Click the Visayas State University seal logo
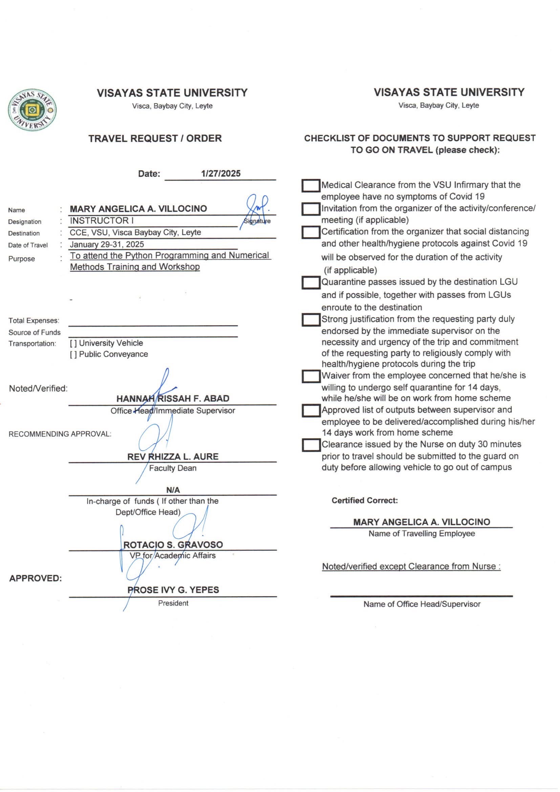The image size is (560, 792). (x=32, y=110)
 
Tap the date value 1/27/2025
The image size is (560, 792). (x=221, y=173)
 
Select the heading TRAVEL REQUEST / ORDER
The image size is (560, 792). (x=155, y=138)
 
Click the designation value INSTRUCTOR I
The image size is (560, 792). (x=102, y=221)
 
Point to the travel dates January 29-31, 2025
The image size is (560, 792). (x=107, y=244)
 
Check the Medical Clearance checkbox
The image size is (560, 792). (x=311, y=186)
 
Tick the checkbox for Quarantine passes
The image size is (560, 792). (x=311, y=283)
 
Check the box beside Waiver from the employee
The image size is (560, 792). (x=311, y=376)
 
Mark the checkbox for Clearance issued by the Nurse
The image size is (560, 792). (x=311, y=445)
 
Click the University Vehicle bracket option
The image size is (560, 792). (x=73, y=343)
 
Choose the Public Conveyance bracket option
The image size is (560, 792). (x=73, y=354)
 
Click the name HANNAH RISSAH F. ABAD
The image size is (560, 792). (x=173, y=398)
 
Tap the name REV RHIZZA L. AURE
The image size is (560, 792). (x=173, y=457)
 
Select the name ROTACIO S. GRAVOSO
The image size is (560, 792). (x=173, y=545)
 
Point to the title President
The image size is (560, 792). (x=173, y=603)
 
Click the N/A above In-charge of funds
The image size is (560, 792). (x=173, y=490)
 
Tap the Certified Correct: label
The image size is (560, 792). (x=365, y=501)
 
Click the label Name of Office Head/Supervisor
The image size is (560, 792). (x=422, y=604)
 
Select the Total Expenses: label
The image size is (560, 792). (x=34, y=320)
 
